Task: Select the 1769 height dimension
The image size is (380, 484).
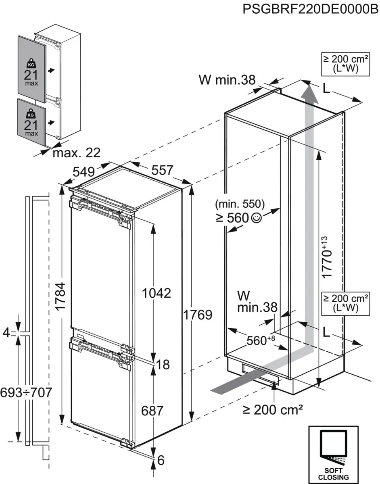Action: click(x=197, y=315)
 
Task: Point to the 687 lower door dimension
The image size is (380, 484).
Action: click(x=152, y=411)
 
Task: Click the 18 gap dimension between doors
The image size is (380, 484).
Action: click(x=163, y=365)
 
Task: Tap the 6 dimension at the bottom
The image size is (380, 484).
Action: click(x=161, y=460)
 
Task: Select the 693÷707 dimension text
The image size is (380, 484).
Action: click(x=26, y=392)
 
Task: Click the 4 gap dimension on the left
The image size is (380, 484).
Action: click(x=6, y=333)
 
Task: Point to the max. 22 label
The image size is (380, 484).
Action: click(x=76, y=153)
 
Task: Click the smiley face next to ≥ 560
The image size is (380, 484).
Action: click(x=256, y=218)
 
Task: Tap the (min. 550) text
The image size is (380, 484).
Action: click(x=240, y=204)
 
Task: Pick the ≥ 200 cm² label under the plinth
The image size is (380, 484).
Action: click(x=273, y=410)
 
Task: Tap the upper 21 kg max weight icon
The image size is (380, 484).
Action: click(x=31, y=73)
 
